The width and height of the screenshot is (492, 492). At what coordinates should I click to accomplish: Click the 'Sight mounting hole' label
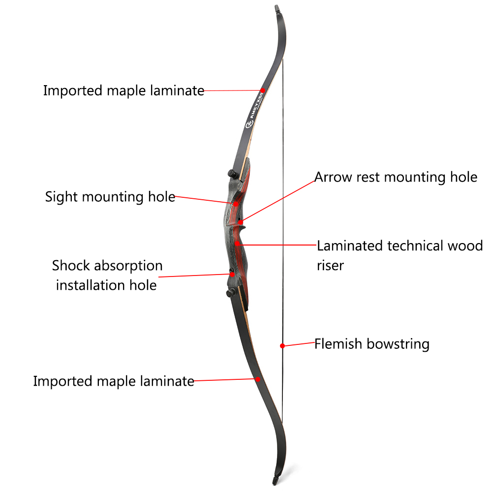(x=110, y=197)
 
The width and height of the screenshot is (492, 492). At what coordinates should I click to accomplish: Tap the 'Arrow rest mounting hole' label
(x=396, y=177)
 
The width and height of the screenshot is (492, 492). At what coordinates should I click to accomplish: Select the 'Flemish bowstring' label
(x=372, y=344)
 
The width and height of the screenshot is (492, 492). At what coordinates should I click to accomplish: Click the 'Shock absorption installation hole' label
(x=107, y=276)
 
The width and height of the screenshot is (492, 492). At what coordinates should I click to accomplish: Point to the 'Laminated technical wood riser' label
(x=400, y=255)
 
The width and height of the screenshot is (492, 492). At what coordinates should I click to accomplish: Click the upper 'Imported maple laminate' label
(x=123, y=91)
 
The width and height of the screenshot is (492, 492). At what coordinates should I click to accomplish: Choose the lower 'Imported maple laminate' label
(x=114, y=382)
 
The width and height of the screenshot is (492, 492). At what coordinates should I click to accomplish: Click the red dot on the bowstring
(x=282, y=346)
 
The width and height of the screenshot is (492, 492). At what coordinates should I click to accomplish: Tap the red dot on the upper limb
(x=263, y=91)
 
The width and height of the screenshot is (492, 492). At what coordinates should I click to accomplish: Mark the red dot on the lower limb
(x=258, y=379)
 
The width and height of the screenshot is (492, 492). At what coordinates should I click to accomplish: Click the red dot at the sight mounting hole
(x=236, y=204)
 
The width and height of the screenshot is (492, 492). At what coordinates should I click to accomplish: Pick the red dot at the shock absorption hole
(x=232, y=274)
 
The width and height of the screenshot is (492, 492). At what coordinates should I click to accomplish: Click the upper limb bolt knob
(x=232, y=173)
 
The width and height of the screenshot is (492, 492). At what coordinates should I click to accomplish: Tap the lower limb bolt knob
(x=231, y=293)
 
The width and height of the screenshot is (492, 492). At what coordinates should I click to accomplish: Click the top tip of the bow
(x=277, y=5)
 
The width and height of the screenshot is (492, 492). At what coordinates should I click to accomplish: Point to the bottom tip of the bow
(x=275, y=485)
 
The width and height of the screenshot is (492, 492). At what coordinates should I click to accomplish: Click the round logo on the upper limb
(x=249, y=125)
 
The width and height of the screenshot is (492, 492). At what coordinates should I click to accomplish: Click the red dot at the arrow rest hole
(x=241, y=222)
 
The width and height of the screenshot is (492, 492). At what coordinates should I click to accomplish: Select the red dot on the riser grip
(x=238, y=243)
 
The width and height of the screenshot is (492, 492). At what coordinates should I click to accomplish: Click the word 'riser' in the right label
(x=331, y=266)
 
